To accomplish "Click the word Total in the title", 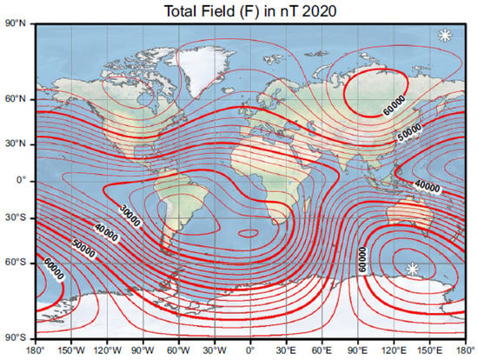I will (x=171, y=10).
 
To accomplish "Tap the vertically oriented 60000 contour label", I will (x=362, y=259).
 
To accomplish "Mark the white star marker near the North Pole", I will (x=445, y=35).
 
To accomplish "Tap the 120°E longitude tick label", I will (x=396, y=350).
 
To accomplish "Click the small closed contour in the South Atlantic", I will (x=249, y=232).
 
